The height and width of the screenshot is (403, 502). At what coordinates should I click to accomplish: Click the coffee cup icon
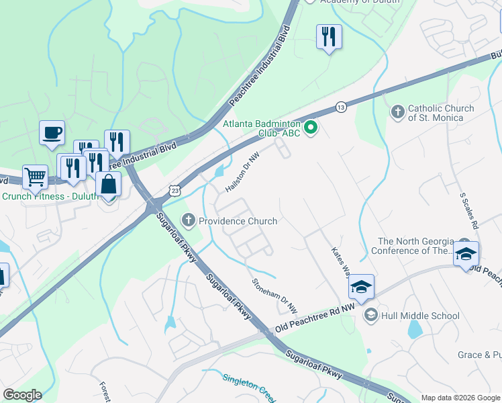pos(52,132)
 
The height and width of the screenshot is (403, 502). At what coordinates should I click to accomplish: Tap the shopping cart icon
pos(35,177)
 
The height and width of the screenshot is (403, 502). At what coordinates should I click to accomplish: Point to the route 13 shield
pos(341,107)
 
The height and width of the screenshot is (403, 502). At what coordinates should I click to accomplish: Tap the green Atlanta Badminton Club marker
pos(310,126)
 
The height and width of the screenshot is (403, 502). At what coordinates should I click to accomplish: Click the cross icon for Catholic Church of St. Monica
pos(397,112)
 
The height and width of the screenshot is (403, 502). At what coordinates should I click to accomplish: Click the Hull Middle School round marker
pos(370,315)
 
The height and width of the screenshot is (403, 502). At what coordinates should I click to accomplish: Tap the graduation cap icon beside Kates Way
pos(361,286)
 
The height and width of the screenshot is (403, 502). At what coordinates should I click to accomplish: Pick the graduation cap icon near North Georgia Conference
pos(466,253)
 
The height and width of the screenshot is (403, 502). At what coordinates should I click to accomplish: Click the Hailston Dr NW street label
pos(242,172)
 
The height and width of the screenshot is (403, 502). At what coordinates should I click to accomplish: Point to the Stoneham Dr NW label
pos(274,296)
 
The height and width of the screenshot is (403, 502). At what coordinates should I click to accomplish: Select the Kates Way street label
pos(341,263)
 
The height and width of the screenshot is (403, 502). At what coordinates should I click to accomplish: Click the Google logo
pos(21,395)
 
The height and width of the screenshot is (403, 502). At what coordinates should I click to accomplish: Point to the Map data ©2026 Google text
pos(460,398)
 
